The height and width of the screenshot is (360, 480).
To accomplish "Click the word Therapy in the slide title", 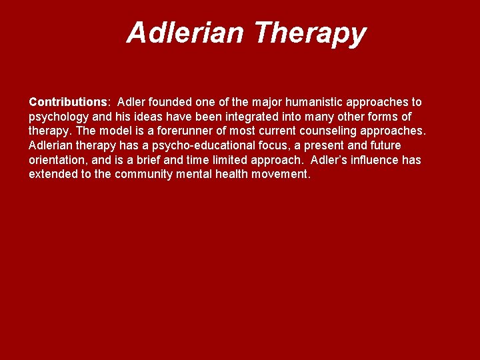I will tap(311, 33).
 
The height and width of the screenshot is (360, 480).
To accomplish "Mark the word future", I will tap(384, 145).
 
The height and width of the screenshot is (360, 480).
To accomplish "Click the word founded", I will tap(171, 103).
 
